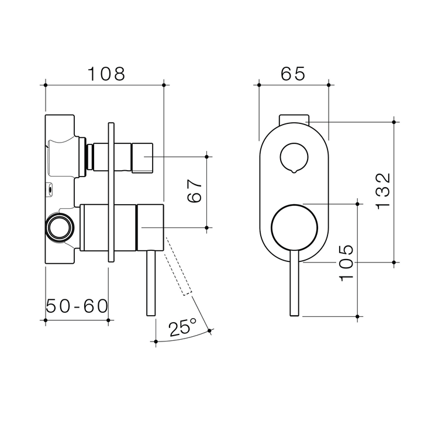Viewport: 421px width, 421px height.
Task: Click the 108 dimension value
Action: pos(106,74)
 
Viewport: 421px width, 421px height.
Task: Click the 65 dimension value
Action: pos(293,74)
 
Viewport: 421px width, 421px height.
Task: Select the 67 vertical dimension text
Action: pos(195,189)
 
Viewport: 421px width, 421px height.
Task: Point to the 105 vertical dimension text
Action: pos(346,263)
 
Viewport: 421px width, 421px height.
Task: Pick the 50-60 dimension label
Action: pos(77,305)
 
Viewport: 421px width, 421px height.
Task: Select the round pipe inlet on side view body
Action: pos(59,226)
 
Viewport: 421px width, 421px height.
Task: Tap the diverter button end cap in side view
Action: pos(142,157)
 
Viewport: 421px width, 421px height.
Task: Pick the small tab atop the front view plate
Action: pos(294,119)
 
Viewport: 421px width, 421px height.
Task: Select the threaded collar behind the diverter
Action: pos(89,157)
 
